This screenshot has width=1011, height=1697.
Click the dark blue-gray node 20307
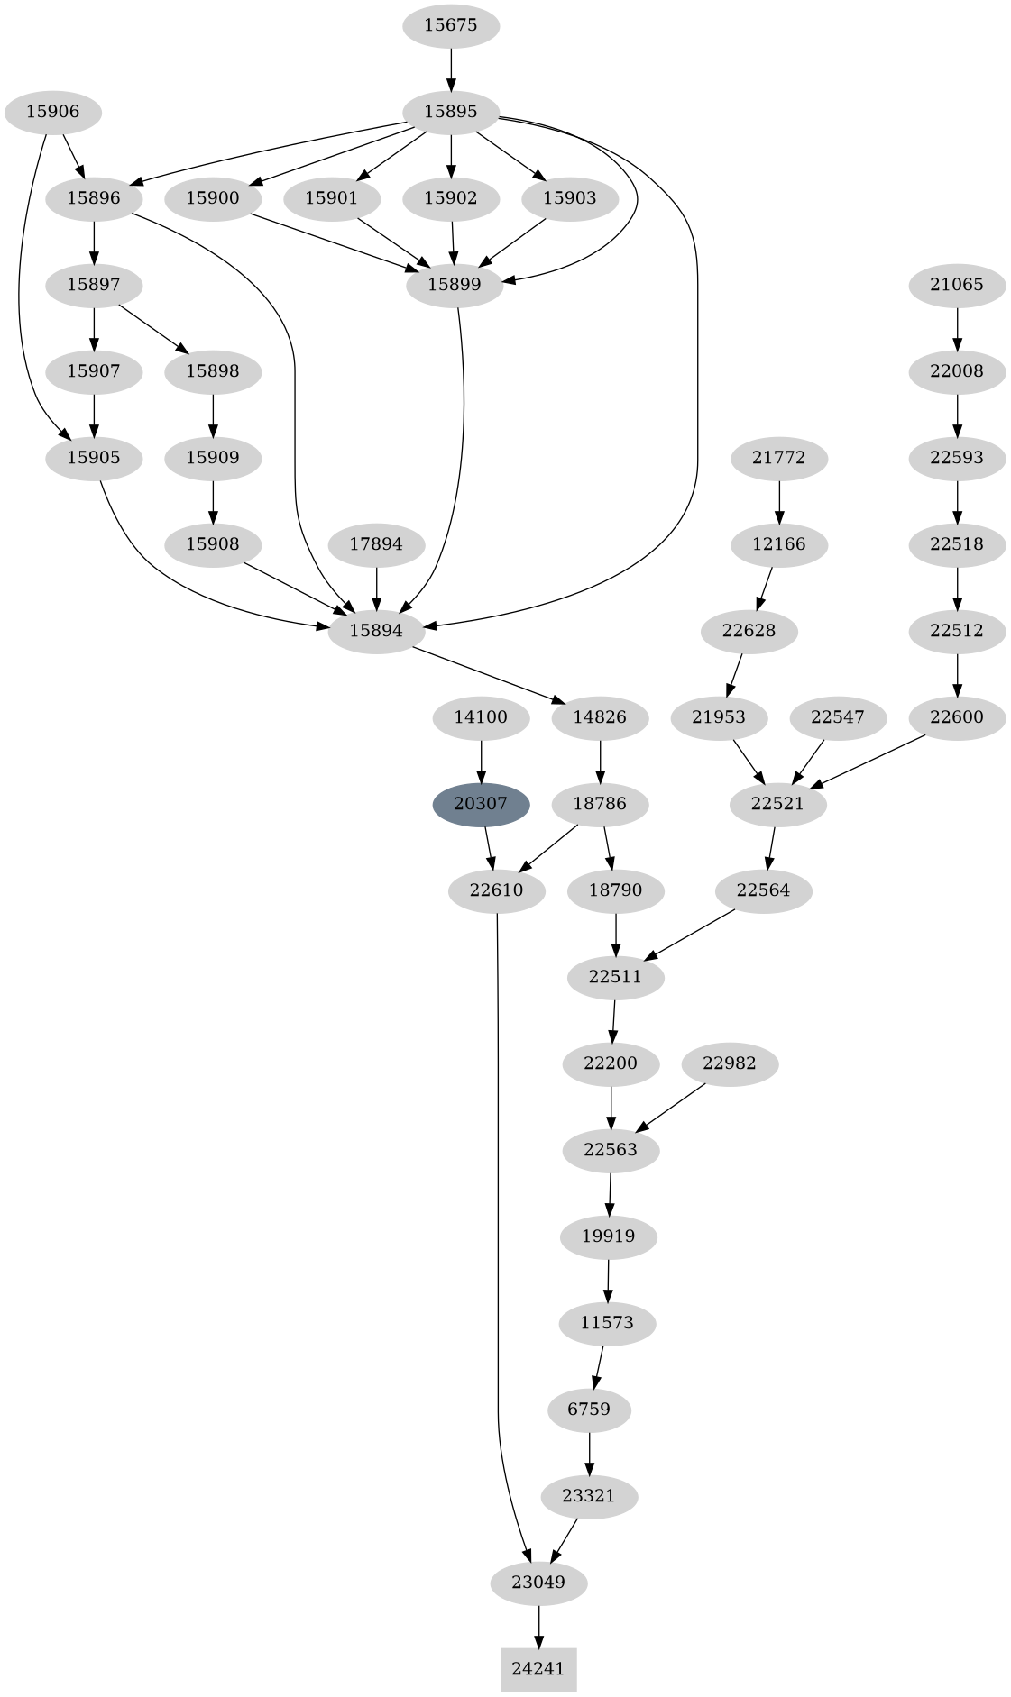click(481, 804)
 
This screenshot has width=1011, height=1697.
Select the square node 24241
click(538, 1669)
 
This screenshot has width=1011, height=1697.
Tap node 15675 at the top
click(450, 25)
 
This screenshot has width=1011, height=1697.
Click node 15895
click(450, 113)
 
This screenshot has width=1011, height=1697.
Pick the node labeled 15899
click(455, 285)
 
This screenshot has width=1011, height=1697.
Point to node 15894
click(376, 631)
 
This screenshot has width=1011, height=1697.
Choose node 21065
click(957, 285)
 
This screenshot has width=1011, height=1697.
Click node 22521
click(777, 804)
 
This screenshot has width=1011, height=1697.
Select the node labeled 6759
click(589, 1410)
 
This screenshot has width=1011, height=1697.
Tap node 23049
click(538, 1583)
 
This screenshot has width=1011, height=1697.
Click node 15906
click(52, 113)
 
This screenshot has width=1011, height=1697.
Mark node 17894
click(376, 544)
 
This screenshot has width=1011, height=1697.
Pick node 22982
click(729, 1063)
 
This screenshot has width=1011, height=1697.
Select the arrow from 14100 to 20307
click(481, 761)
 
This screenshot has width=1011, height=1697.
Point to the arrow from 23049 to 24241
click(538, 1626)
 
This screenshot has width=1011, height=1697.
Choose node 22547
click(838, 717)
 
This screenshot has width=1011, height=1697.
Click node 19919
click(609, 1236)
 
